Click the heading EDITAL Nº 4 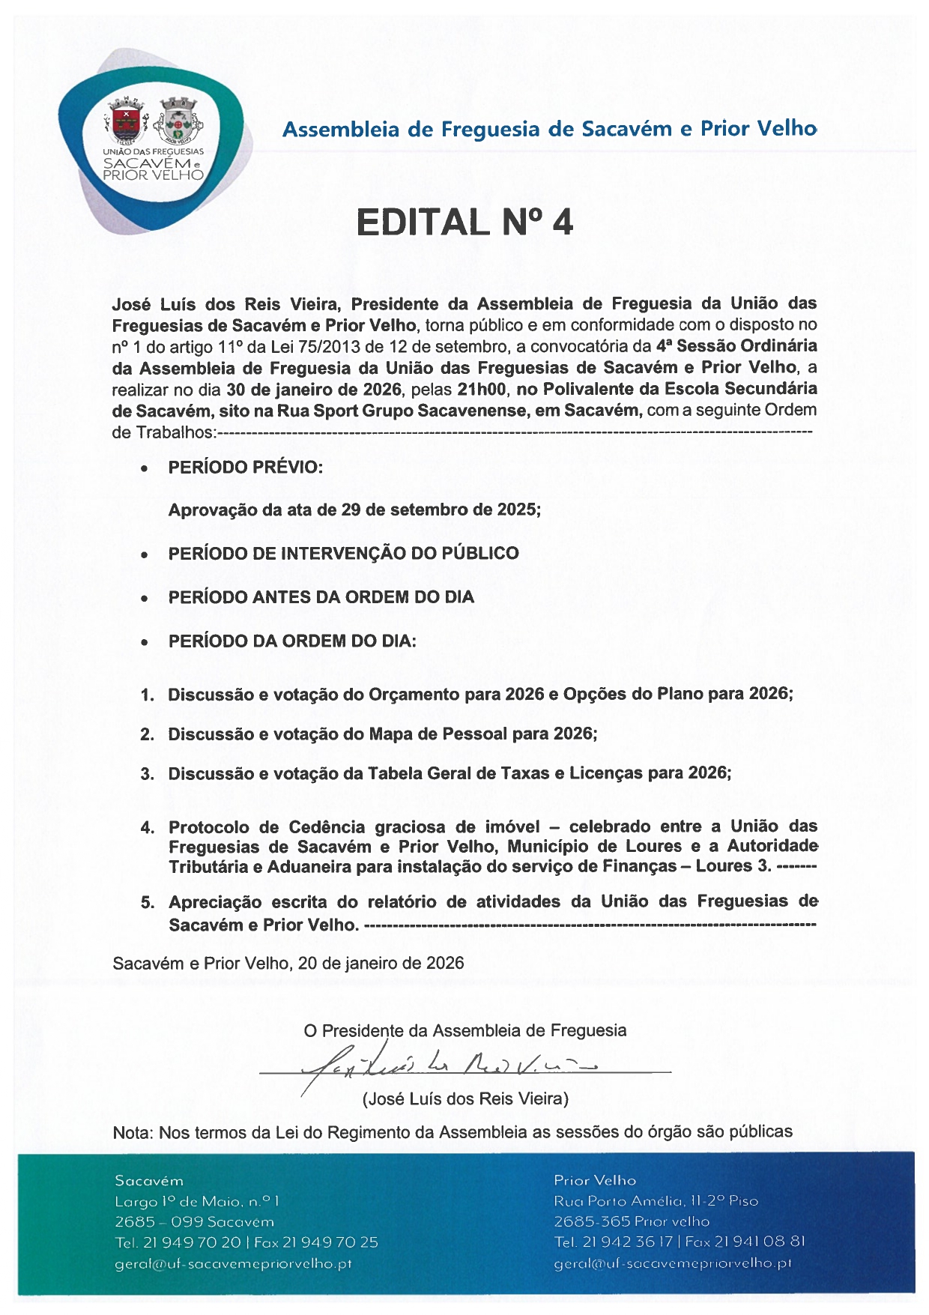tap(464, 223)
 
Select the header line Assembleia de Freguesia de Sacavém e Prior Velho tap(549, 129)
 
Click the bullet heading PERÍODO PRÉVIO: tap(246, 468)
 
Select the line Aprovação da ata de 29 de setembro tap(354, 510)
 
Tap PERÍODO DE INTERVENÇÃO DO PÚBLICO tap(343, 554)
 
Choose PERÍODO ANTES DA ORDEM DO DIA tap(321, 597)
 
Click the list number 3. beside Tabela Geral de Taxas tap(148, 774)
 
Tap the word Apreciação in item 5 tap(215, 902)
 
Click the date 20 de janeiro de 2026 tap(381, 963)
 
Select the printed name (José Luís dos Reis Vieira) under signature tap(465, 1099)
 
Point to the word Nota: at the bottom tap(133, 1132)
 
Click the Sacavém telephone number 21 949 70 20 tap(191, 1242)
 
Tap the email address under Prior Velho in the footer tap(672, 1263)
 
